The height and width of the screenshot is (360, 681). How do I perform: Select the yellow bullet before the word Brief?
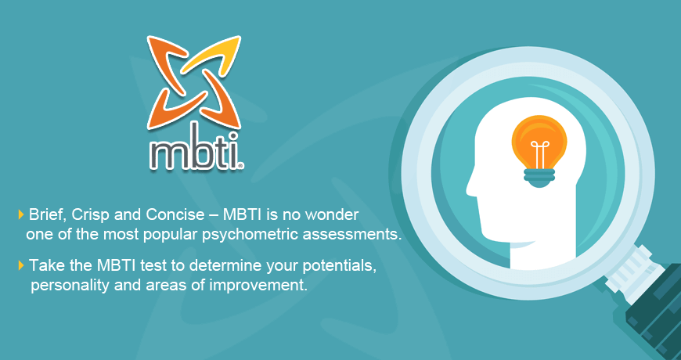21,214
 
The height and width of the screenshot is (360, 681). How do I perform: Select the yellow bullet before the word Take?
21,265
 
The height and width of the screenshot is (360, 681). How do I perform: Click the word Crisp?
91,214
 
